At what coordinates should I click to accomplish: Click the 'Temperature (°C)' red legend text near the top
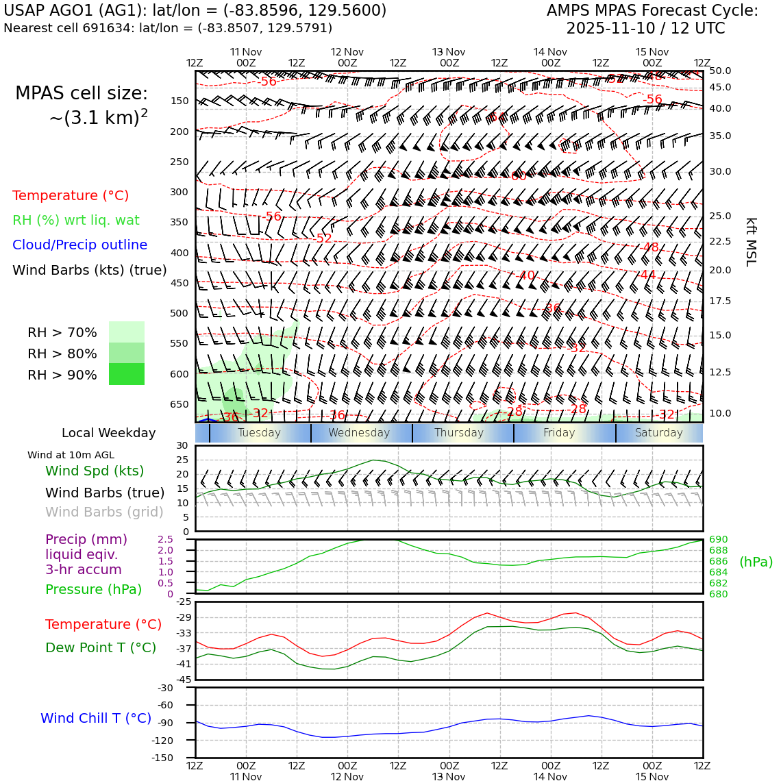click(x=71, y=196)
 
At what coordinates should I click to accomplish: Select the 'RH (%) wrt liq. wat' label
click(x=76, y=221)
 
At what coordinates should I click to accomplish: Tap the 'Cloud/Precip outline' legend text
click(x=79, y=245)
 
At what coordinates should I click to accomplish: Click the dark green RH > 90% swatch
click(x=127, y=374)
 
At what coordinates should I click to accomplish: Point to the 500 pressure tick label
click(x=179, y=314)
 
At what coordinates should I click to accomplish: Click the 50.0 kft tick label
click(x=720, y=71)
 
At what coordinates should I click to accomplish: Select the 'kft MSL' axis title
click(x=751, y=242)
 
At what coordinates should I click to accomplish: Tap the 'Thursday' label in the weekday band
click(x=459, y=433)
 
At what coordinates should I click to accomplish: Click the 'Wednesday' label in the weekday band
click(x=359, y=433)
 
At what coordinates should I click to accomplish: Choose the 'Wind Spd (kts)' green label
click(x=95, y=471)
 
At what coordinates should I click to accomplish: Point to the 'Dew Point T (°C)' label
click(x=101, y=648)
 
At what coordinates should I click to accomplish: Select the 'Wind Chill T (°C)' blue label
click(x=96, y=719)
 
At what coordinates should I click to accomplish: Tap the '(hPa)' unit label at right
click(x=756, y=562)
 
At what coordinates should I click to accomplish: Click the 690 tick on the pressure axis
click(x=719, y=540)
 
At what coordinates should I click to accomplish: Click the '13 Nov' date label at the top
click(x=449, y=52)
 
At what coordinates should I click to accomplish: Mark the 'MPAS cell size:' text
click(x=82, y=94)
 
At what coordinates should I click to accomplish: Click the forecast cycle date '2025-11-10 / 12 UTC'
click(x=645, y=29)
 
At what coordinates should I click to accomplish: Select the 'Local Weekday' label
click(x=109, y=433)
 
